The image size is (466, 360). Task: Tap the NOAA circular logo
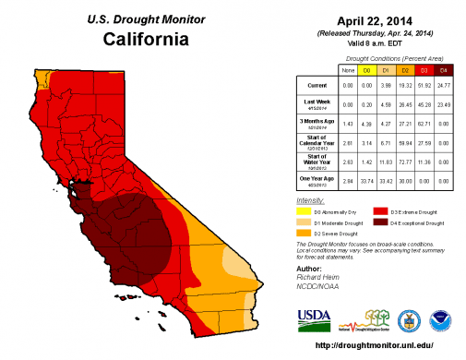tap(443, 318)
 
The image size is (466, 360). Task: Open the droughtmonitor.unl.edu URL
tap(374, 345)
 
